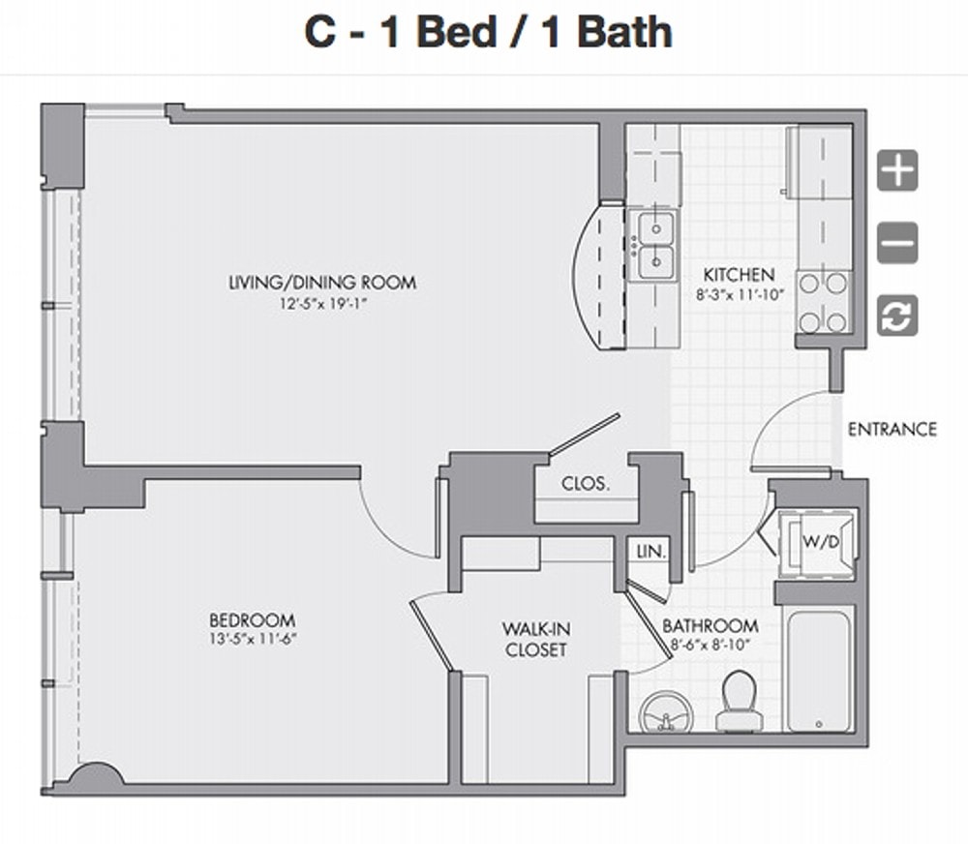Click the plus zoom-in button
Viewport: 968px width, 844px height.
[x=897, y=169]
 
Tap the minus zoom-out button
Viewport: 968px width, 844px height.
[x=897, y=243]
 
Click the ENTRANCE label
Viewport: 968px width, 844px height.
[x=892, y=429]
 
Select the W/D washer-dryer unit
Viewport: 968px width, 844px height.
[x=817, y=543]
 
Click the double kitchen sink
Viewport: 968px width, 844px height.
[x=655, y=245]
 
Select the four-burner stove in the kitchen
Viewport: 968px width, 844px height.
[x=823, y=303]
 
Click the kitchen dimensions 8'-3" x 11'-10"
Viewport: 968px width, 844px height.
[x=740, y=294]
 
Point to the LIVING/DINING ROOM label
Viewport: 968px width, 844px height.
[x=322, y=283]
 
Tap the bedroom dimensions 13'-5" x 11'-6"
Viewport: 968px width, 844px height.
[x=253, y=639]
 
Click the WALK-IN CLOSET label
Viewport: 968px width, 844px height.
[x=535, y=639]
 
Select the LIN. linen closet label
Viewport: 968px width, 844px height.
[x=651, y=552]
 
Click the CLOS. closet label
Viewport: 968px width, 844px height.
[x=586, y=483]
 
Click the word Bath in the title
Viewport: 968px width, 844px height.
[x=624, y=32]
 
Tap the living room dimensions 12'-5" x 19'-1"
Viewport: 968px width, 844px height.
[x=323, y=304]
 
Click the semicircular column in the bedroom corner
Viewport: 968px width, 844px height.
[x=94, y=774]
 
